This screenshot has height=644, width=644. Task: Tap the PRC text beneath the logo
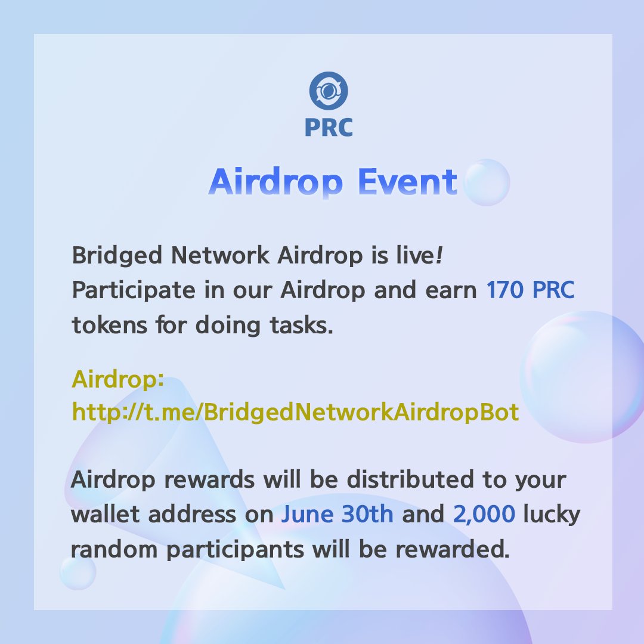click(328, 127)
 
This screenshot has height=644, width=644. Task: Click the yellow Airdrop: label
click(118, 379)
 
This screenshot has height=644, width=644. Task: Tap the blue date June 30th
click(337, 515)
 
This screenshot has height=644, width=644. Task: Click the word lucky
click(552, 515)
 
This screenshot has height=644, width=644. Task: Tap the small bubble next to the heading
click(486, 182)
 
